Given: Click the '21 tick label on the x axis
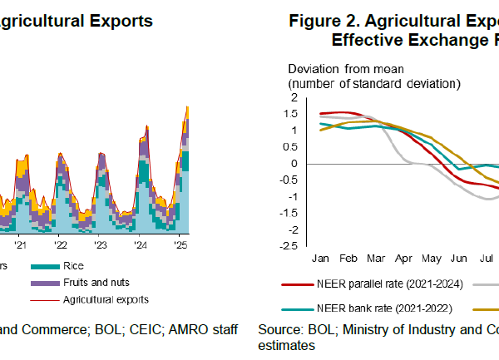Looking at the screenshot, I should [21, 246].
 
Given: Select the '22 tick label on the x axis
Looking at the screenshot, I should [61, 246].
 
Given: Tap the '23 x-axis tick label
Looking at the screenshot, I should [100, 246].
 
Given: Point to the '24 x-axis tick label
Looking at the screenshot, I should [141, 246].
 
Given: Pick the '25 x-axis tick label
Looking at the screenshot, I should [180, 246].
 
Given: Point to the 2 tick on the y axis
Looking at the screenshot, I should [294, 98].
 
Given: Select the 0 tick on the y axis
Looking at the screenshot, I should [294, 164].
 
